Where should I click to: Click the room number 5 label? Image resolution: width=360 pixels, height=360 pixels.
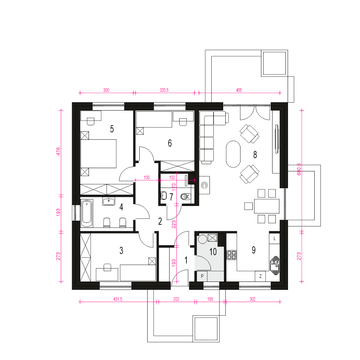click(112, 129)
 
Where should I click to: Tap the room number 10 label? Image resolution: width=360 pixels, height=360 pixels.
click(213, 252)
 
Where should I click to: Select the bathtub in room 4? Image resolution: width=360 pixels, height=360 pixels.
click(87, 213)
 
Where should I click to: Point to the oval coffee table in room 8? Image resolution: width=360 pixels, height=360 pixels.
click(233, 154)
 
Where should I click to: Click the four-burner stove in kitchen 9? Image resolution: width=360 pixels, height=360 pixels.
click(231, 255)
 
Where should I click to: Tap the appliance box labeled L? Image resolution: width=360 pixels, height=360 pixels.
click(274, 239)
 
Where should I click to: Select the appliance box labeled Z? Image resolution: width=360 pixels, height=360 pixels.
click(260, 276)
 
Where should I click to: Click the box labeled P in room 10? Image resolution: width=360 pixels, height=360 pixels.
click(202, 276)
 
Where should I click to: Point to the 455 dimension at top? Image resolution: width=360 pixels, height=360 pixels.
click(239, 90)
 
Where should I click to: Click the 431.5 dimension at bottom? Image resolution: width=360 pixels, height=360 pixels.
click(118, 299)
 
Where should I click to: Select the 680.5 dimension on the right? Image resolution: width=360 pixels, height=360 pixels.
click(299, 170)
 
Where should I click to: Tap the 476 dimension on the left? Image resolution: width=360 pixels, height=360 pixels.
click(58, 152)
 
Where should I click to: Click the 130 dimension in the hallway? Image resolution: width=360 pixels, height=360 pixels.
click(147, 177)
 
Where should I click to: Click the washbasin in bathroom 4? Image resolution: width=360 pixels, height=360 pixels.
click(109, 201)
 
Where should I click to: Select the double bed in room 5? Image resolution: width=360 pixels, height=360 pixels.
click(99, 153)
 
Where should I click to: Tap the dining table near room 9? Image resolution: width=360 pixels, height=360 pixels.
click(266, 206)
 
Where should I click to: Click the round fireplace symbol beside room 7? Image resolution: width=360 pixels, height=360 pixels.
click(204, 185)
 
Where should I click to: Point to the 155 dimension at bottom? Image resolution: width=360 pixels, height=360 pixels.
click(210, 299)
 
